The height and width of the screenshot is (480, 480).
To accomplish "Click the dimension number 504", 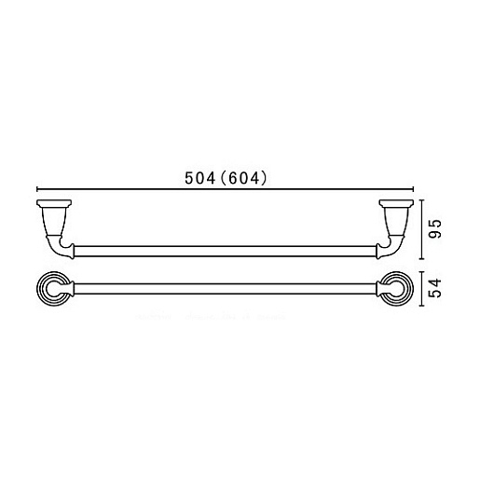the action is point(199,178).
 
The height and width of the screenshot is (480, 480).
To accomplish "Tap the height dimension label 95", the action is point(435,229).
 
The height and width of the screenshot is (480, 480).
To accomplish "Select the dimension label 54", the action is point(435,288).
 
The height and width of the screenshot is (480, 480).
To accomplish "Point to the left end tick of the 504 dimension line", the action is point(37,189).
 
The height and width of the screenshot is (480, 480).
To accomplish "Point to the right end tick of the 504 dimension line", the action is point(413,189).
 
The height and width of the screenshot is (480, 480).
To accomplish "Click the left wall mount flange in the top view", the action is point(54,203).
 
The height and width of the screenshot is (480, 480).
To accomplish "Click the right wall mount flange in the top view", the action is point(396,203).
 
